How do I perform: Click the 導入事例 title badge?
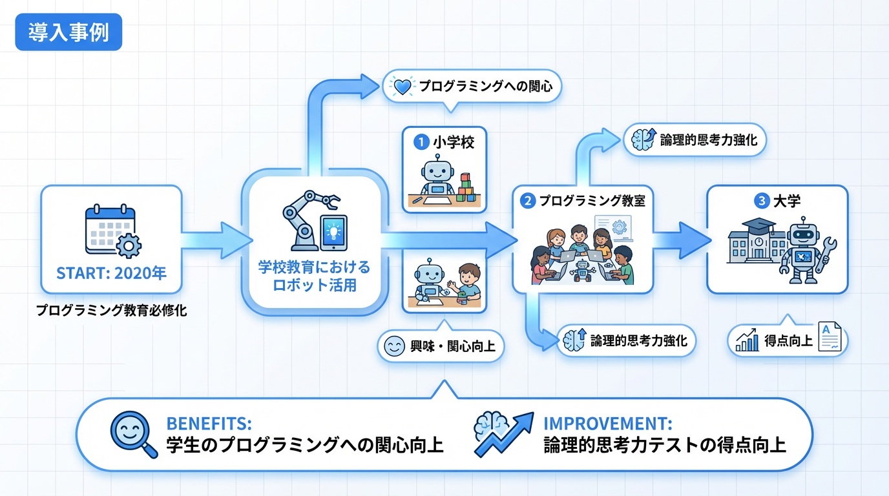point(68,33)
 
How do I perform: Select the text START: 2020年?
point(111,273)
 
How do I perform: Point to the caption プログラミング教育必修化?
point(111,311)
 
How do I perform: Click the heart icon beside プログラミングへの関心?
point(403,86)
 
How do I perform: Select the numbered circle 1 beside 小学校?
point(421,142)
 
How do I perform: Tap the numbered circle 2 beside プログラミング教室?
point(527,201)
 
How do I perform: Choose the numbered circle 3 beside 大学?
point(761,201)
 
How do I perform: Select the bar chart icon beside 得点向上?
point(748,340)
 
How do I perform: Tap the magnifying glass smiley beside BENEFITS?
point(132,434)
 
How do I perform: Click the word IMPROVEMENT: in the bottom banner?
point(607,424)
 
